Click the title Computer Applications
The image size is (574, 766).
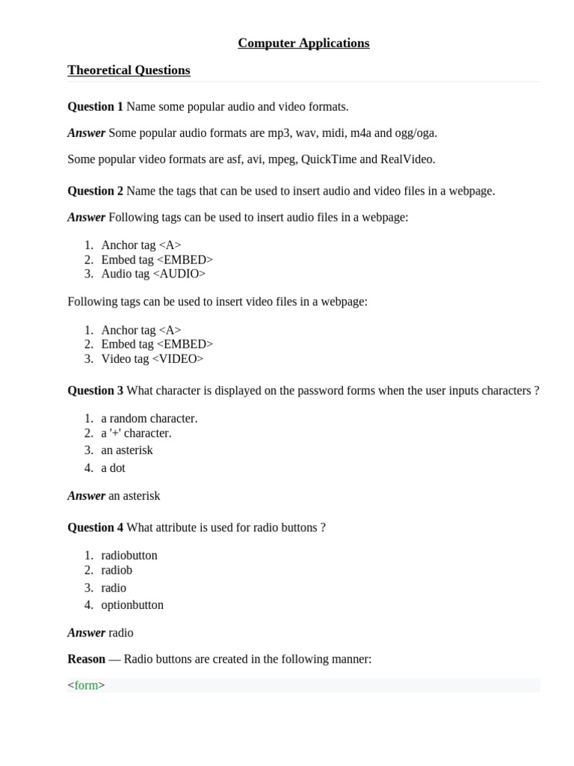tap(303, 43)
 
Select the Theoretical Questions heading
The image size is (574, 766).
tap(129, 70)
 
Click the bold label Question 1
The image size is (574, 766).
tap(95, 107)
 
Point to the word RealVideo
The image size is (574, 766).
tap(407, 159)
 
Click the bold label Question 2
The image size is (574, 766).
tap(95, 191)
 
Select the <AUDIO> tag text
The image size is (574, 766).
tap(179, 274)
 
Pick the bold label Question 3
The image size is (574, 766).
tap(95, 390)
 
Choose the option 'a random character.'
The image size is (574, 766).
tap(149, 419)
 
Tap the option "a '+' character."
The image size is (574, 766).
tap(136, 433)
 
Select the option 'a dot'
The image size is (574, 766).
tap(114, 468)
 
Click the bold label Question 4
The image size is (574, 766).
tap(95, 527)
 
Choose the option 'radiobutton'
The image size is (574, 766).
tap(129, 556)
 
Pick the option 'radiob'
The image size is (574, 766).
tap(117, 570)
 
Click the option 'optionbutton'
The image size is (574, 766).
tap(132, 605)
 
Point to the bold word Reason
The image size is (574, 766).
tap(86, 659)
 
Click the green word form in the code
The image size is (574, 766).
tap(86, 685)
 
